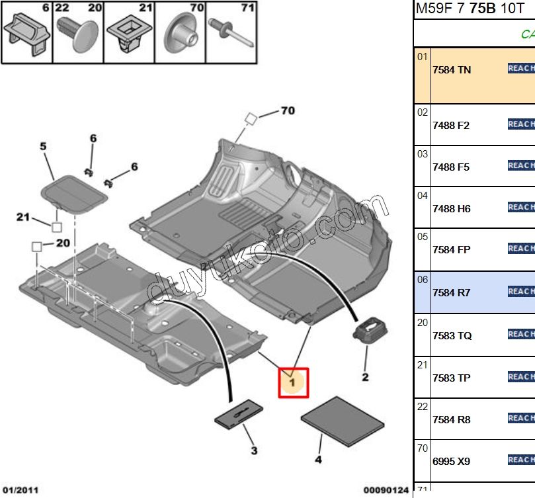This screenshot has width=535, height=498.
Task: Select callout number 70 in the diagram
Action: click(287, 110)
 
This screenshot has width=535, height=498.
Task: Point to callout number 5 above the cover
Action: click(44, 147)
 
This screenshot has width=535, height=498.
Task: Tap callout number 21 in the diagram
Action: click(24, 216)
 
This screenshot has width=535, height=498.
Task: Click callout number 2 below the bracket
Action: click(364, 378)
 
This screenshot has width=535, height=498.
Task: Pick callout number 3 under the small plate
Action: click(253, 451)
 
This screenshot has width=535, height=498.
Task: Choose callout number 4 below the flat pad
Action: click(318, 459)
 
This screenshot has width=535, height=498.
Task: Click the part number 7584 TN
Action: click(452, 69)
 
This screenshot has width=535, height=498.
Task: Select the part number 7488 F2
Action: click(451, 125)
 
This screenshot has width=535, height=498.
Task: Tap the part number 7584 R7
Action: click(451, 292)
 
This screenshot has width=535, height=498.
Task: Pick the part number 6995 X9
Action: click(451, 461)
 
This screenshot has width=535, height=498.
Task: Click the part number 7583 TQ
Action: click(452, 335)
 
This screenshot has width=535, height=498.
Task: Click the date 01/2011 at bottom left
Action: click(19, 489)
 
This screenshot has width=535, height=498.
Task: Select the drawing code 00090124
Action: click(388, 489)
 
